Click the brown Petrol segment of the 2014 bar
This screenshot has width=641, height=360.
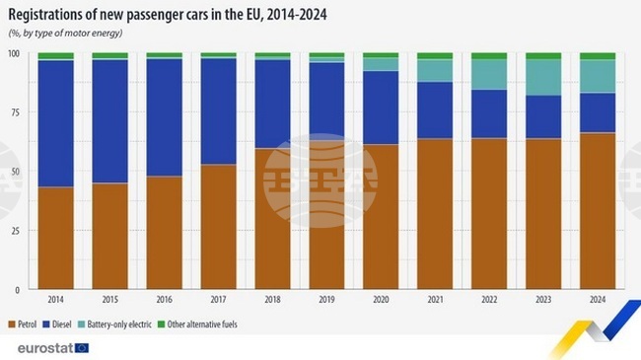click(55, 238)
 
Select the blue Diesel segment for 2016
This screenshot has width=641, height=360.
click(164, 117)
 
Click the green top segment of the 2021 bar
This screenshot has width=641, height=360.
click(435, 56)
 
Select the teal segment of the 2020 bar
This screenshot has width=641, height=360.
click(381, 64)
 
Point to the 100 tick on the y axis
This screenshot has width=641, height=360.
click(15, 53)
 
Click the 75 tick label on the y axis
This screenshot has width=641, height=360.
click(17, 112)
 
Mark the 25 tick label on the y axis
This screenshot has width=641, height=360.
click(17, 231)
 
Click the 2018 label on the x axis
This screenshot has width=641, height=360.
click(272, 299)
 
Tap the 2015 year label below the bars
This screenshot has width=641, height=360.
click(109, 299)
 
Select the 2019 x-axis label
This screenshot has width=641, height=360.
click(326, 299)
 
